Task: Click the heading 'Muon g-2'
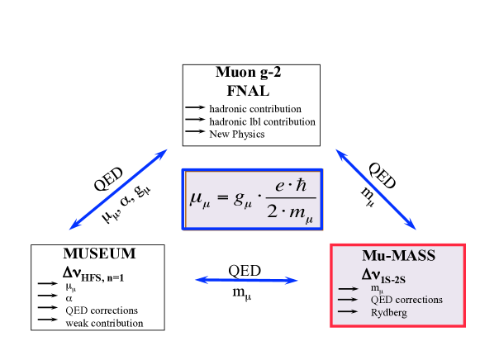(250, 73)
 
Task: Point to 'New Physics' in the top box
(236, 134)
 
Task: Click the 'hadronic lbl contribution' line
(262, 121)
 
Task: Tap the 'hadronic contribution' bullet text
(255, 109)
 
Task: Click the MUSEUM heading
(99, 253)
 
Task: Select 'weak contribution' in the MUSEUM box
(105, 323)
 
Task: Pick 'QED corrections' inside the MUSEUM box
(102, 310)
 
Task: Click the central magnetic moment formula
(252, 200)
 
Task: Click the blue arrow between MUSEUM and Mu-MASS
(246, 281)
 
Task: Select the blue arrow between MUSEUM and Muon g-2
(119, 188)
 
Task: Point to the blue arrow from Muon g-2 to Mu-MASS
(375, 189)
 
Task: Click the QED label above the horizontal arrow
(245, 269)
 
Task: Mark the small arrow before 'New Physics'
(194, 133)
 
